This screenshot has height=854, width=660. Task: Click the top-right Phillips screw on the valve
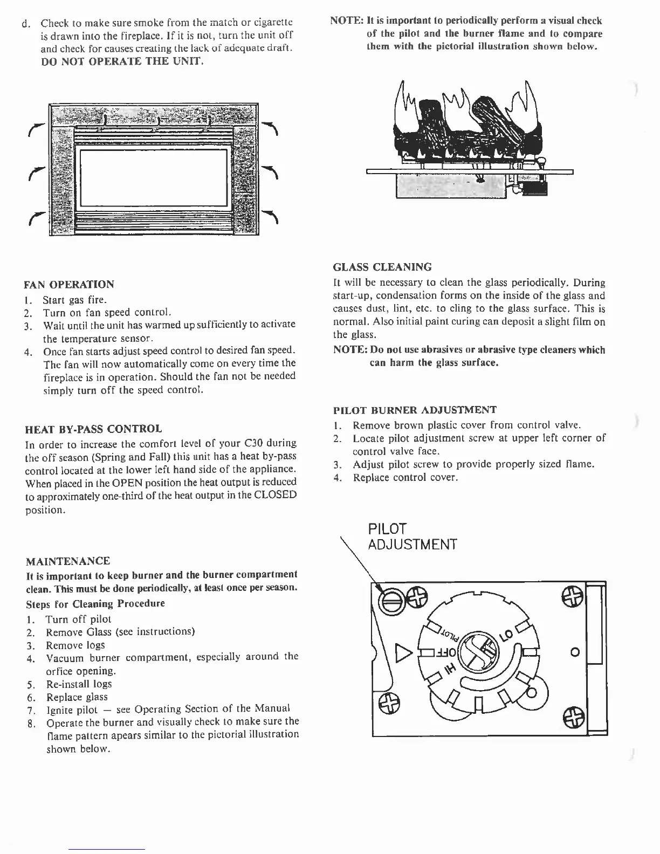click(x=571, y=595)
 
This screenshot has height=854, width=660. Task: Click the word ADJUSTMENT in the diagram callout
click(x=412, y=545)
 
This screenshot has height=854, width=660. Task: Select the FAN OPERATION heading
click(x=70, y=285)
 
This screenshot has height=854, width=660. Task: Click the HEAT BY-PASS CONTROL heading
click(x=93, y=429)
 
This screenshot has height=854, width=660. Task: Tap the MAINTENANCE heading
click(x=67, y=561)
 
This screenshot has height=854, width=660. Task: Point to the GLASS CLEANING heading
click(x=382, y=267)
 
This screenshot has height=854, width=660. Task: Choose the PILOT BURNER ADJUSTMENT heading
click(x=415, y=410)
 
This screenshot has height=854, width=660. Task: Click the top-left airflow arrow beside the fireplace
click(x=36, y=129)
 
